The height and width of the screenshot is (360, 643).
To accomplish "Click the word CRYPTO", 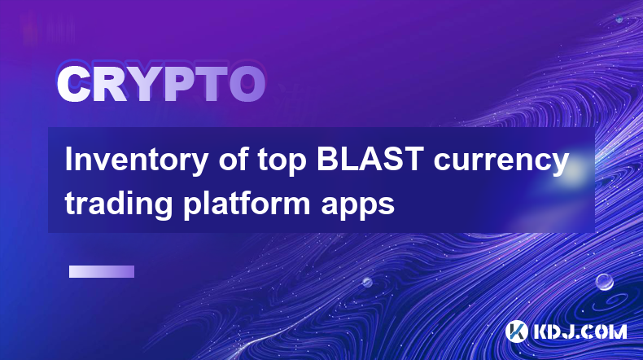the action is (161, 84).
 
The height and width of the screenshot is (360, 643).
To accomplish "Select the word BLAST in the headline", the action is (370, 159).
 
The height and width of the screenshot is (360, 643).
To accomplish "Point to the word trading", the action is (119, 204).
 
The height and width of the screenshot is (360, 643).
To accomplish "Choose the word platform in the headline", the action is (247, 203).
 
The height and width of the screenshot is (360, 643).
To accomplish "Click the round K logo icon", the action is (517, 331).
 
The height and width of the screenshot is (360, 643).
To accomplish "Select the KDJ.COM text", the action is (580, 331).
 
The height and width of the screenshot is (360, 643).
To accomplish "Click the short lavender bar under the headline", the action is (102, 271).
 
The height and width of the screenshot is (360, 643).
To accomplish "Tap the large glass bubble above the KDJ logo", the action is (604, 282).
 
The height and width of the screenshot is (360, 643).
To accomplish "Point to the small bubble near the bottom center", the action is (366, 282).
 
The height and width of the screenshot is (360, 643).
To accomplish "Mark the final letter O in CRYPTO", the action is (247, 84).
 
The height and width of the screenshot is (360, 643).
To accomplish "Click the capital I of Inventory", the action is (68, 159).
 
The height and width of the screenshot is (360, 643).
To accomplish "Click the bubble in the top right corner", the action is (619, 20).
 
